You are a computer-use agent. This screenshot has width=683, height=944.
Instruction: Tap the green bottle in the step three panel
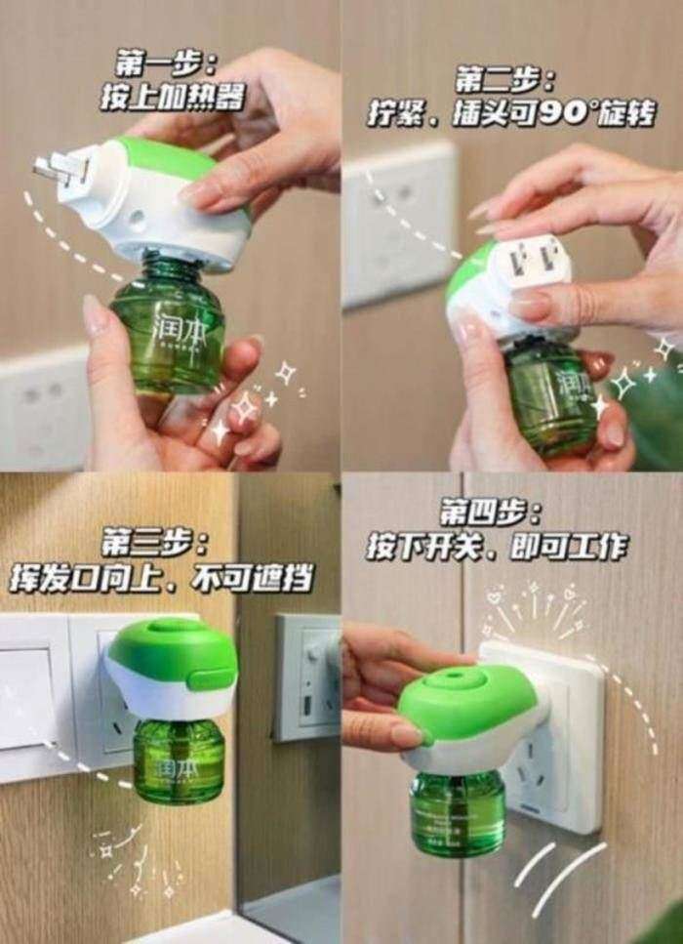tap(178, 757)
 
